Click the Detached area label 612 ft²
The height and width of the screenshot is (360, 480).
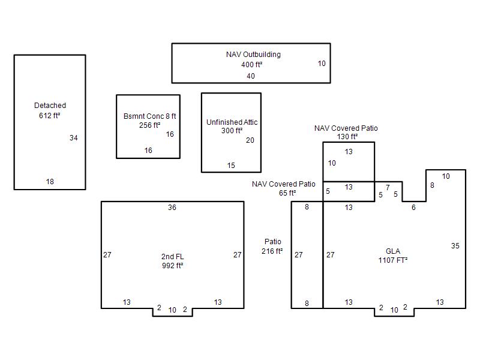coord(50,115)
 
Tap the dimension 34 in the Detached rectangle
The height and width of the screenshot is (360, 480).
coord(73,138)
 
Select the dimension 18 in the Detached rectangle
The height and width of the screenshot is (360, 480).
coord(50,182)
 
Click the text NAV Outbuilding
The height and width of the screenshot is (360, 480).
coord(253,55)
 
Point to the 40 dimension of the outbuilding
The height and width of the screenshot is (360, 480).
coord(251,76)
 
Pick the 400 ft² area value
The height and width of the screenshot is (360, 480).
coord(251,65)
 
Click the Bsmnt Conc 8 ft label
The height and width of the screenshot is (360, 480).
coord(149,116)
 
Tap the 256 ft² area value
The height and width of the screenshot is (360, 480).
coord(149,125)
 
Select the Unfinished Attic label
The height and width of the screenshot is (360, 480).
coord(232,122)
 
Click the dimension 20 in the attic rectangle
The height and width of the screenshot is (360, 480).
coord(250,140)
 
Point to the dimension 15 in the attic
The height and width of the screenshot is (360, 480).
coord(231,166)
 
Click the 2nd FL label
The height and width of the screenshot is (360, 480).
coord(172,257)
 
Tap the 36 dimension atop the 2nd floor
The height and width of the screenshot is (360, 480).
coord(172,208)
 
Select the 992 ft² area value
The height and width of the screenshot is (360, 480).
coord(172,265)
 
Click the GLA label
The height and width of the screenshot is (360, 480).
coord(393,251)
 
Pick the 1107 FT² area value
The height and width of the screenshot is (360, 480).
coord(393,260)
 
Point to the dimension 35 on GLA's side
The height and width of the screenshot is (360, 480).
coord(455,246)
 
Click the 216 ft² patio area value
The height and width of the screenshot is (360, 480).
coord(272,251)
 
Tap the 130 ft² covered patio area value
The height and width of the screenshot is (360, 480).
coord(347,137)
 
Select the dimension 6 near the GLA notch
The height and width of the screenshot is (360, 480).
coord(413,208)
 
